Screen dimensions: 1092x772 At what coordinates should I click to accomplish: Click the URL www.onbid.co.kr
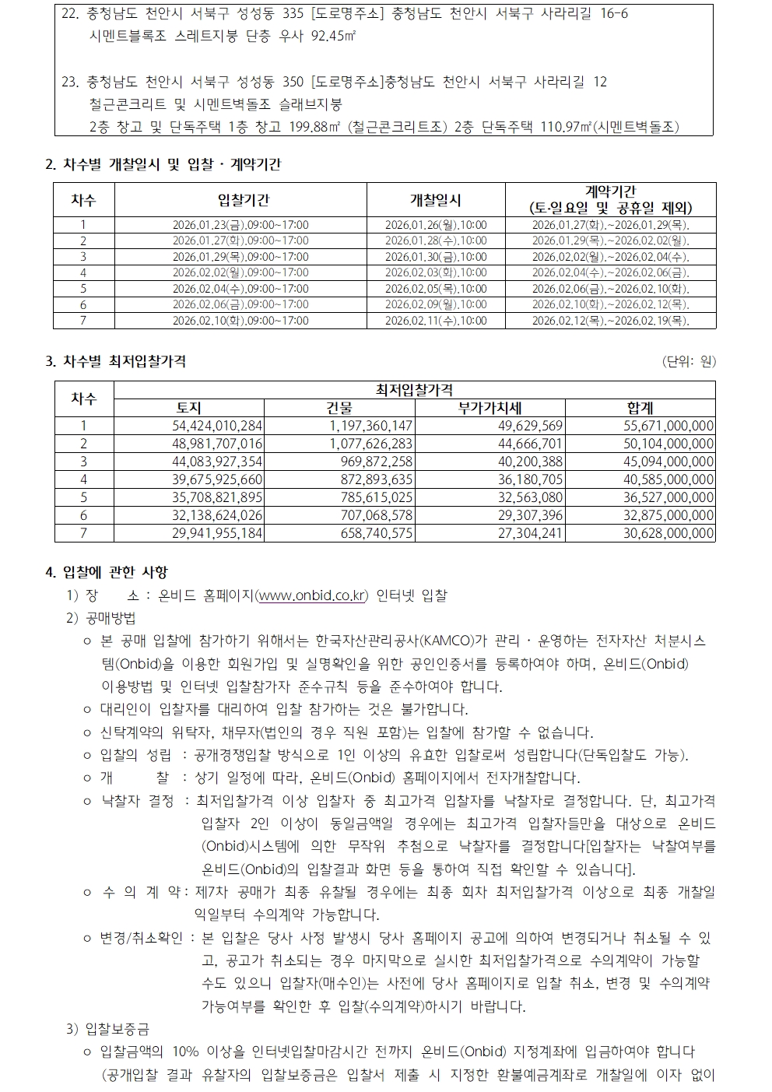(x=312, y=596)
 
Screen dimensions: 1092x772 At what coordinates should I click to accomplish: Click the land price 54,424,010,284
(x=217, y=426)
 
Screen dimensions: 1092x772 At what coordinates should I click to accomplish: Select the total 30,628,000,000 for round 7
(x=668, y=533)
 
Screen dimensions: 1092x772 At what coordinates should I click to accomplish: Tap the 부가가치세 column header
(x=490, y=408)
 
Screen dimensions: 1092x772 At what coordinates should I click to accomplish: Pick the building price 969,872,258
(x=377, y=462)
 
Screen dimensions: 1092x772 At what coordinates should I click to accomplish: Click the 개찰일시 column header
(x=436, y=200)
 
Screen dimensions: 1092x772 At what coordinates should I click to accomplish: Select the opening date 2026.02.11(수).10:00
(x=436, y=321)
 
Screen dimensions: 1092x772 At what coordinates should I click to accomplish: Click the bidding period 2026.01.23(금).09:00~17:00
(x=240, y=225)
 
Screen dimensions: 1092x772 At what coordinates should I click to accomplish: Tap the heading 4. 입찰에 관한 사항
(x=107, y=573)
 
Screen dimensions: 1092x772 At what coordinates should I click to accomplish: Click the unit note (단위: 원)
(x=689, y=361)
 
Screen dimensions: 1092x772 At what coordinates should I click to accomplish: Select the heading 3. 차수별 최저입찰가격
(x=116, y=361)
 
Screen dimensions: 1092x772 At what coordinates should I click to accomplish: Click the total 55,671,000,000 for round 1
(x=668, y=426)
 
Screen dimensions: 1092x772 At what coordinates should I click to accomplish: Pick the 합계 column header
(x=640, y=408)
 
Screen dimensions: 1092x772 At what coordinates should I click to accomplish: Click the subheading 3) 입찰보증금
(x=108, y=1030)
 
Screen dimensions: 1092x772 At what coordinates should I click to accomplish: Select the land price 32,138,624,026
(x=217, y=515)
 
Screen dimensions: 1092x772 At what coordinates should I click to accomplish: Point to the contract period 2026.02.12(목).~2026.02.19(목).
(x=611, y=321)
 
